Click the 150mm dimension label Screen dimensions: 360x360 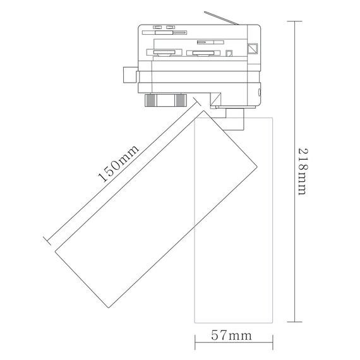coord(118,164)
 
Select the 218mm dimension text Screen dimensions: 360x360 coord(303,172)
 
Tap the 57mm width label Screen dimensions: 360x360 coord(231,335)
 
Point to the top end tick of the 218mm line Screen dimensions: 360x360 coord(294,21)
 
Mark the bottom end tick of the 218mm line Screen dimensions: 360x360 coord(294,322)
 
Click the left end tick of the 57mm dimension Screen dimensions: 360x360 coord(195,342)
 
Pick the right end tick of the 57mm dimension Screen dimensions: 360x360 coord(273,342)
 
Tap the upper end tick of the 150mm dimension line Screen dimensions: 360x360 coord(197,102)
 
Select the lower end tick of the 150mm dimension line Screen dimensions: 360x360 coord(47,241)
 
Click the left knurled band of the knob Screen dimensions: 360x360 coord(150,100)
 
